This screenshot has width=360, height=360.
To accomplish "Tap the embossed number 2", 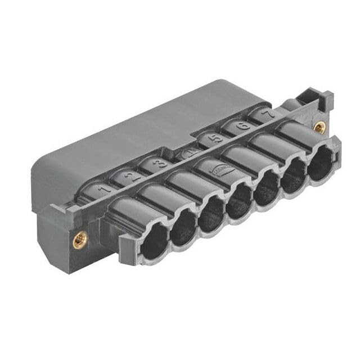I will click(x=130, y=176).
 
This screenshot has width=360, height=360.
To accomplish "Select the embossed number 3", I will click(x=160, y=164).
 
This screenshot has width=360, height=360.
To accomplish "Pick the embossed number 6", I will click(x=244, y=125).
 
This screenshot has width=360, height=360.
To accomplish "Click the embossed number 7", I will click(x=270, y=114).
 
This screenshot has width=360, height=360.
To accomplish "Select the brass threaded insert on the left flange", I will click(x=78, y=241).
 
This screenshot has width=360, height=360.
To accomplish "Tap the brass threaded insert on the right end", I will click(x=319, y=127).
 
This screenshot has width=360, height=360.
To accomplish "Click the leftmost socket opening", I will click(x=154, y=240).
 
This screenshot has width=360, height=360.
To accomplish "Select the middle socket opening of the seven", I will click(x=240, y=201).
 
